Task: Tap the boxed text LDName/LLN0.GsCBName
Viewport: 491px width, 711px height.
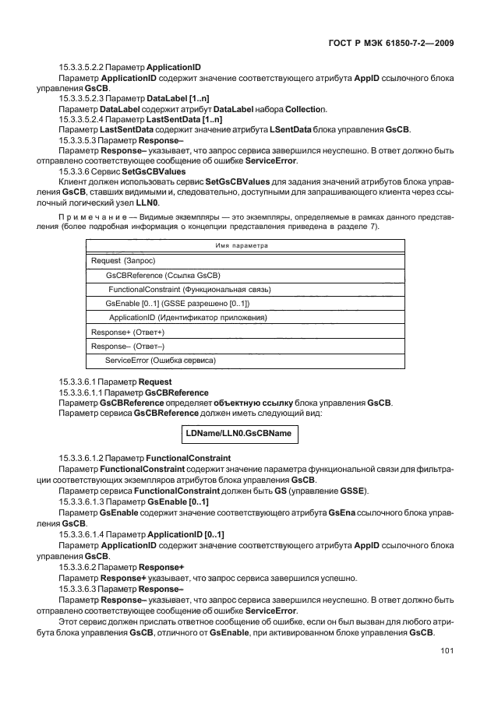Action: click(x=240, y=431)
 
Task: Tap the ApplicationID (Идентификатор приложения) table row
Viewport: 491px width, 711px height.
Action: click(x=187, y=318)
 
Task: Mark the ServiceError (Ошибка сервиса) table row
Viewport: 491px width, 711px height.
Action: click(x=160, y=361)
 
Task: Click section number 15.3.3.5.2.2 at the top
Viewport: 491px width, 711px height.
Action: click(x=84, y=69)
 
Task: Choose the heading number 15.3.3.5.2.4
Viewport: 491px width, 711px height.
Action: click(x=84, y=118)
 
